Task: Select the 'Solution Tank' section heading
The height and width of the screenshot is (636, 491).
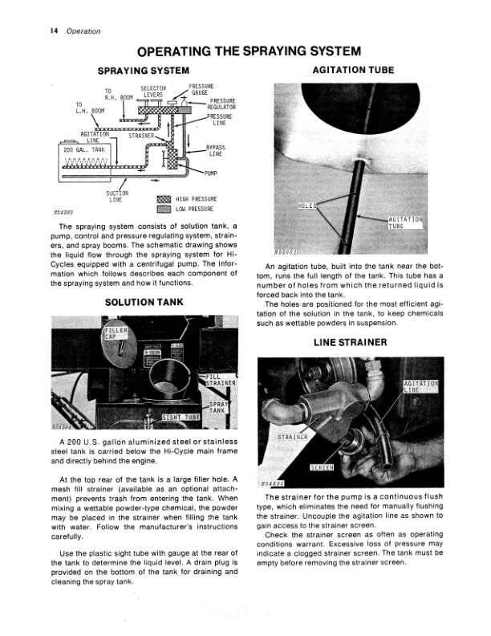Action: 144,302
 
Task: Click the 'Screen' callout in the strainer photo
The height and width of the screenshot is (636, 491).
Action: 321,467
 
